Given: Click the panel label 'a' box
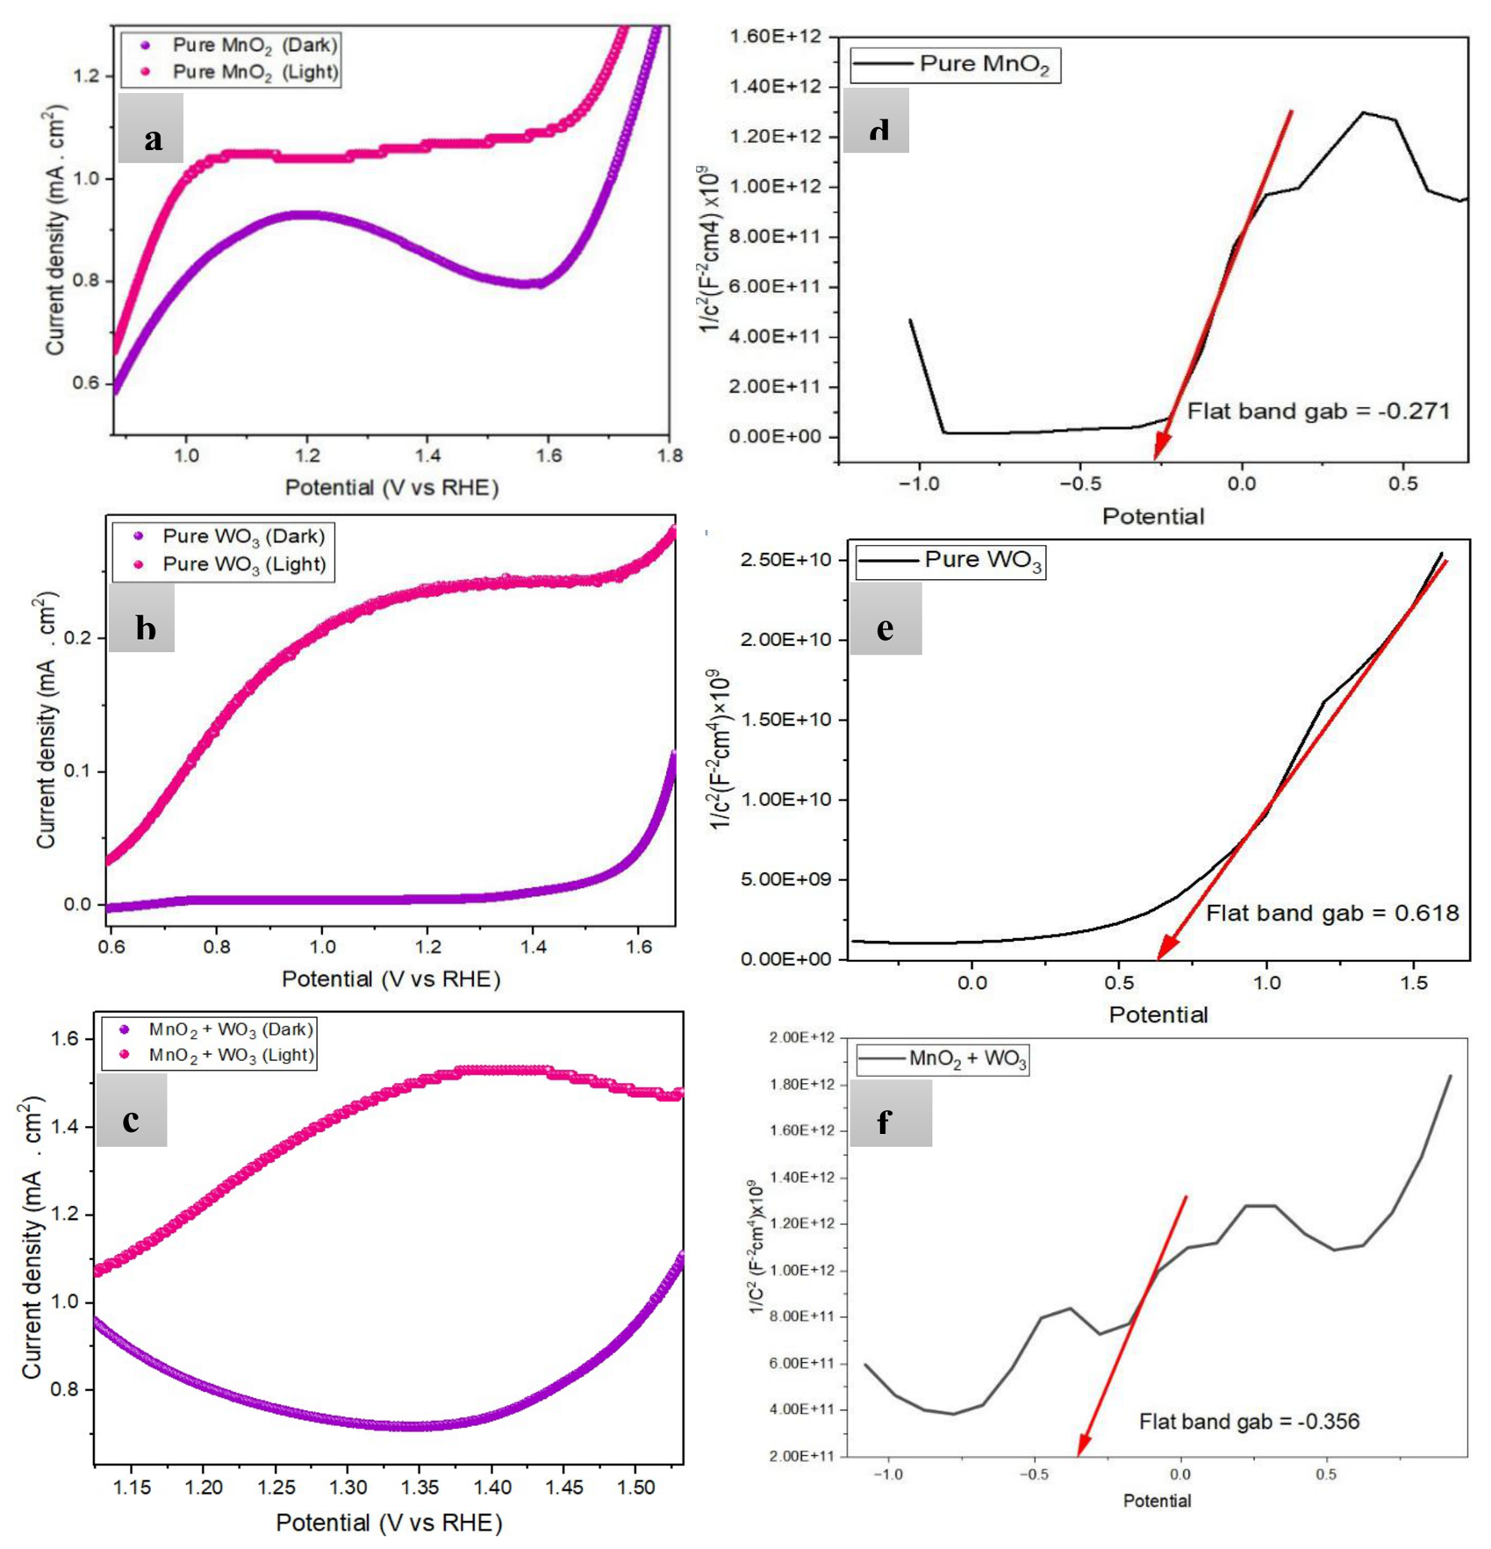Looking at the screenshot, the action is click(x=151, y=128).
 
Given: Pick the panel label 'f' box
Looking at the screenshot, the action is click(x=890, y=1112).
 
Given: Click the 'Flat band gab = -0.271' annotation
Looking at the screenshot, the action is click(x=1319, y=411).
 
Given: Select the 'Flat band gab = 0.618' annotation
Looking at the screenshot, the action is click(x=1332, y=913).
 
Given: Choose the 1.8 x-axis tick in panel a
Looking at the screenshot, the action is click(x=669, y=455).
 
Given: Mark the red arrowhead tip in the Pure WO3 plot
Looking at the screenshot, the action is click(x=1158, y=959).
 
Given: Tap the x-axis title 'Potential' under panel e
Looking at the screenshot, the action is click(x=1158, y=1015).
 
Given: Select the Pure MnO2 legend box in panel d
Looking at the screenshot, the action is click(x=955, y=65).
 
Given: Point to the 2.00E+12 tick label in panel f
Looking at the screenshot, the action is click(x=801, y=1038).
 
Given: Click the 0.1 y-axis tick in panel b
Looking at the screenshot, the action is click(x=81, y=771).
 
